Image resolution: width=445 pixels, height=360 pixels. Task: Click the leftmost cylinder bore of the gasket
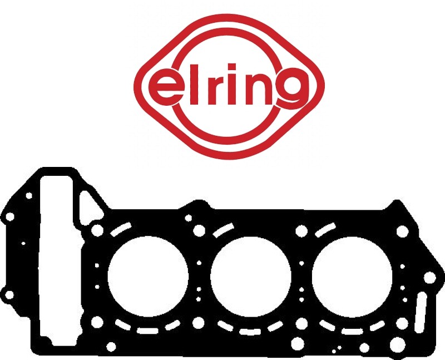pos(148,277)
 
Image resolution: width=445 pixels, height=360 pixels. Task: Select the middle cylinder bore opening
pos(251,277)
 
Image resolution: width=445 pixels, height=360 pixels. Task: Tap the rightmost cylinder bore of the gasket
pos(352,277)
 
